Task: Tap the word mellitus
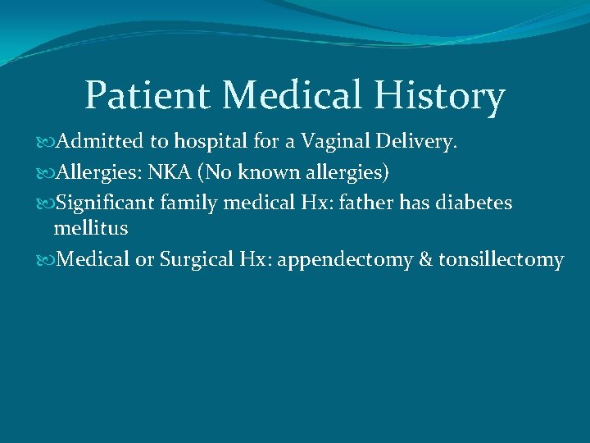90,227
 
